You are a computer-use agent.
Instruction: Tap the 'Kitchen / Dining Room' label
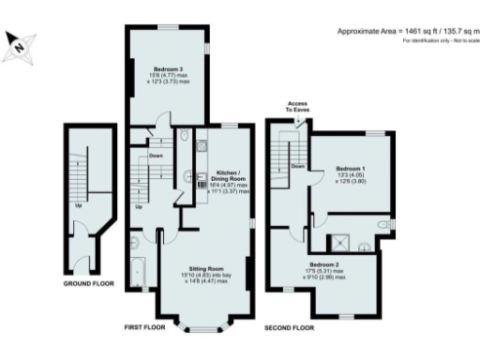tap(229, 174)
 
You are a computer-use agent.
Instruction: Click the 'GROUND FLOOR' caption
tap(89, 282)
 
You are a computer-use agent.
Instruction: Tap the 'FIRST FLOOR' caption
tap(147, 328)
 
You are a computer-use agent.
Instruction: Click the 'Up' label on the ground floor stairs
tap(78, 206)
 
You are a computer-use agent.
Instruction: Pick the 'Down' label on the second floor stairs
tap(297, 166)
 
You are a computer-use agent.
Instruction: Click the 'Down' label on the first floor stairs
tap(157, 157)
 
